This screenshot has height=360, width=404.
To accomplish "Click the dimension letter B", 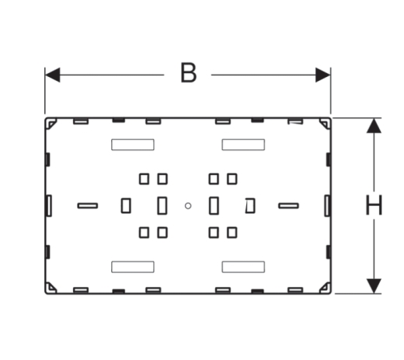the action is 188,73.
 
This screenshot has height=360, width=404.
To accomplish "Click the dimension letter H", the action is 374,205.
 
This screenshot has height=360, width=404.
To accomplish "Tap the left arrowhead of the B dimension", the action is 53,75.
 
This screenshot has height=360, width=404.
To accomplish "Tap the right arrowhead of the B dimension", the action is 323,75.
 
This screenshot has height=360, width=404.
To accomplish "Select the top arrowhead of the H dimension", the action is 374,126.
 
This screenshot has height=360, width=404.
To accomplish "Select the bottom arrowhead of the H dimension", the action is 374,286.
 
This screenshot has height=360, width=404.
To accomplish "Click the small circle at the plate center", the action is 188,206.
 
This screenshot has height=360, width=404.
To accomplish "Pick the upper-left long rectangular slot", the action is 133,145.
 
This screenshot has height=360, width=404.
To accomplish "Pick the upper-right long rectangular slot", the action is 243,145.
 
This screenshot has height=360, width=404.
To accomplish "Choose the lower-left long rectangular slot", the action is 133,267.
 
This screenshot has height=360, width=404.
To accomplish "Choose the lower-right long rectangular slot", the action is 243,267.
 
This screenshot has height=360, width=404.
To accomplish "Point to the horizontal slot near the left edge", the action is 88,206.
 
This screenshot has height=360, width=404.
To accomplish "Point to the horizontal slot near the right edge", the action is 288,206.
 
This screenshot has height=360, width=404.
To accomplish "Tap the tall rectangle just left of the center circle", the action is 162,206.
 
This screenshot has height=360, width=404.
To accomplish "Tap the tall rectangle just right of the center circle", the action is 214,206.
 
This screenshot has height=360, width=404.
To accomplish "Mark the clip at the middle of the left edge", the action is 49,206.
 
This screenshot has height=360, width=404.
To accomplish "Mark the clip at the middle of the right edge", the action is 327,206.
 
